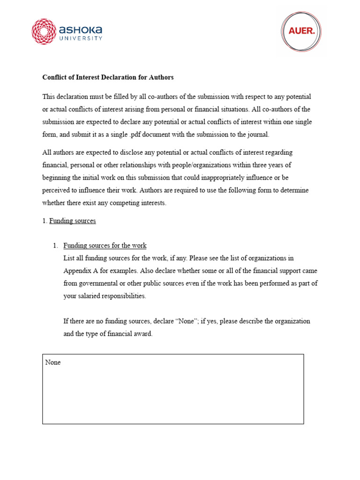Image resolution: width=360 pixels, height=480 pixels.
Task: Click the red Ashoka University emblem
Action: point(43,31)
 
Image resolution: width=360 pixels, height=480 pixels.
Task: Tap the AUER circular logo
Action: point(301,31)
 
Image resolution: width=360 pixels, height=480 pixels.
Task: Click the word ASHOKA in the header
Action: point(80,29)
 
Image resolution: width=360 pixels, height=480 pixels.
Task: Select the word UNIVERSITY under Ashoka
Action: point(80,38)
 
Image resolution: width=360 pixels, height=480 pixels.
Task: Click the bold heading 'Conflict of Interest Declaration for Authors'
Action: point(108,77)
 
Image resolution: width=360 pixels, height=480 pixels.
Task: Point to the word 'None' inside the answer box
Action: point(53,362)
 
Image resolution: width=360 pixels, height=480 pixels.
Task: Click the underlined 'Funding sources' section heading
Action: point(73,221)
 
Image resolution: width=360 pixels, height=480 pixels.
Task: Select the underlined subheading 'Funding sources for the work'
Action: point(105,245)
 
